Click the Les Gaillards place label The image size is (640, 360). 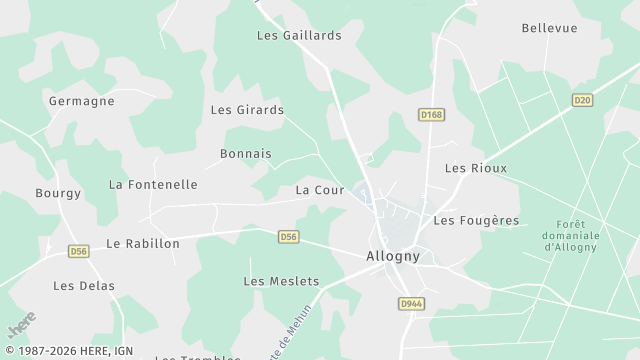point(299,35)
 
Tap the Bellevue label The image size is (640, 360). point(550,28)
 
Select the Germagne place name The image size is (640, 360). point(81,101)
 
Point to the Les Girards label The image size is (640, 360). point(247,110)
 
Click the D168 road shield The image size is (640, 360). point(431,115)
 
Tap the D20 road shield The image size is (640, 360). point(582,100)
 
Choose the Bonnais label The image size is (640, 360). point(246,154)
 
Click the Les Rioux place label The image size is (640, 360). point(476,168)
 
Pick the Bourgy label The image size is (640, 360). point(58,193)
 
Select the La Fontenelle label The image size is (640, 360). point(153,185)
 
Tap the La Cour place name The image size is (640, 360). point(320,190)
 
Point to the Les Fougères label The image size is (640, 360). point(476,220)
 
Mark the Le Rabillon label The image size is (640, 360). point(143,243)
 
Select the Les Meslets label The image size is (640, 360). point(281,281)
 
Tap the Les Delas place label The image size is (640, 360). point(84,286)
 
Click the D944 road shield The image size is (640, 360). point(410,303)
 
